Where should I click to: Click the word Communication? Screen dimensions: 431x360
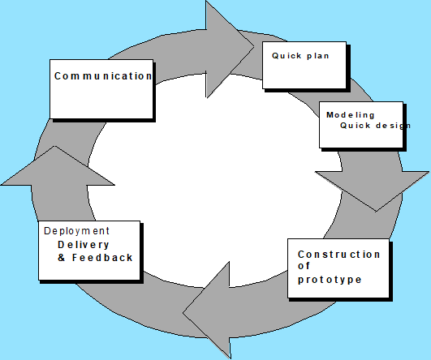coord(103,76)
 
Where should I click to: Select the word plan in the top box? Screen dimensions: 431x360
coord(317,56)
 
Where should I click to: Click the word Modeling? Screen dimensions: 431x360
coord(350,115)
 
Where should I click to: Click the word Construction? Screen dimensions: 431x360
coord(339,255)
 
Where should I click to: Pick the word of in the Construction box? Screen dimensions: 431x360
coord(304,266)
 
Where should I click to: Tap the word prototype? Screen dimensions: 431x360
coord(330,280)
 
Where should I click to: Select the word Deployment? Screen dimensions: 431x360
coord(76,231)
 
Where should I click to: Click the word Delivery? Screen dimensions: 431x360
coord(84,244)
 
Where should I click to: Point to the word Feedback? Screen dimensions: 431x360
coord(102,258)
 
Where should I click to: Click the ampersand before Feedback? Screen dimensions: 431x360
coord(62,258)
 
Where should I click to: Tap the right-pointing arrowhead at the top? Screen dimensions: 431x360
coord(230,49)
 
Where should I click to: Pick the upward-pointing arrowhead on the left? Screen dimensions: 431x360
coord(57,166)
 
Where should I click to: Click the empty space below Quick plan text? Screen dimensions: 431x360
coord(304,74)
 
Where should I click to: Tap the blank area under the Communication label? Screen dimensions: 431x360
coord(101,101)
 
